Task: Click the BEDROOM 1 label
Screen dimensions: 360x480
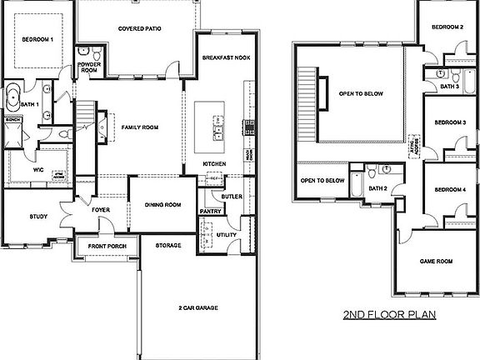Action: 37,39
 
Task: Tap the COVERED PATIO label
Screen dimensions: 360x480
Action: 140,28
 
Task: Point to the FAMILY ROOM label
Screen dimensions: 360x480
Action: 139,127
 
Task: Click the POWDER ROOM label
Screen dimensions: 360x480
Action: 88,67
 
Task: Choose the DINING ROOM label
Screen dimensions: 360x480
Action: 162,204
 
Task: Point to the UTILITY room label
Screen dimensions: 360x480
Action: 226,236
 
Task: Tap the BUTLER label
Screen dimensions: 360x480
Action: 232,196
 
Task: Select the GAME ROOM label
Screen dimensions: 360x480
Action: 437,262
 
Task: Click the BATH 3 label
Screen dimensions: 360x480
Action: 449,86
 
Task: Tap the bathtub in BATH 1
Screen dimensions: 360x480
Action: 14,101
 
